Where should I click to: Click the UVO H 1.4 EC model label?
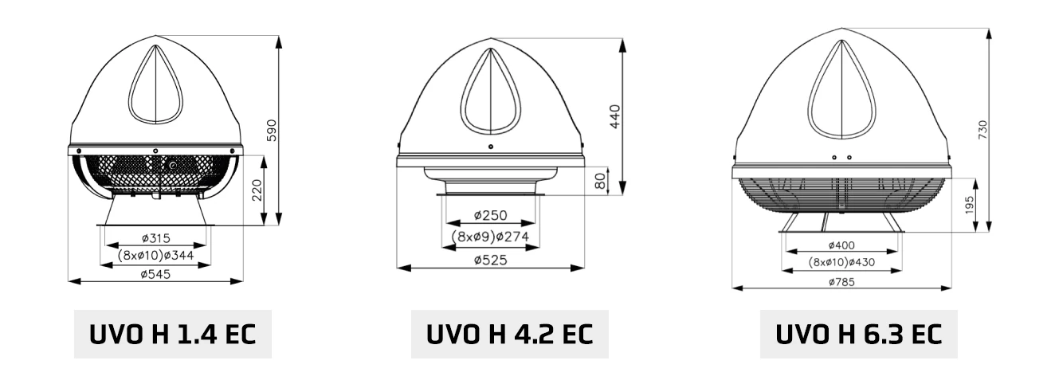coord(172,335)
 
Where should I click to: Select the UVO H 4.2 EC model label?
coord(510,335)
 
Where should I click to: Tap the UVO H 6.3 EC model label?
coord(859,335)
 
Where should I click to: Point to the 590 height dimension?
coord(271,131)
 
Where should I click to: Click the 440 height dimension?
coord(615,117)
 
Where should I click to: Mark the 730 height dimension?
coord(982,130)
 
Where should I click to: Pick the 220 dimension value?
coord(257,190)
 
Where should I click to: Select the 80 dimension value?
coord(600,182)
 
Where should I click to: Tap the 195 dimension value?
coord(969,206)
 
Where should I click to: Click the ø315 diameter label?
coord(156,238)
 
